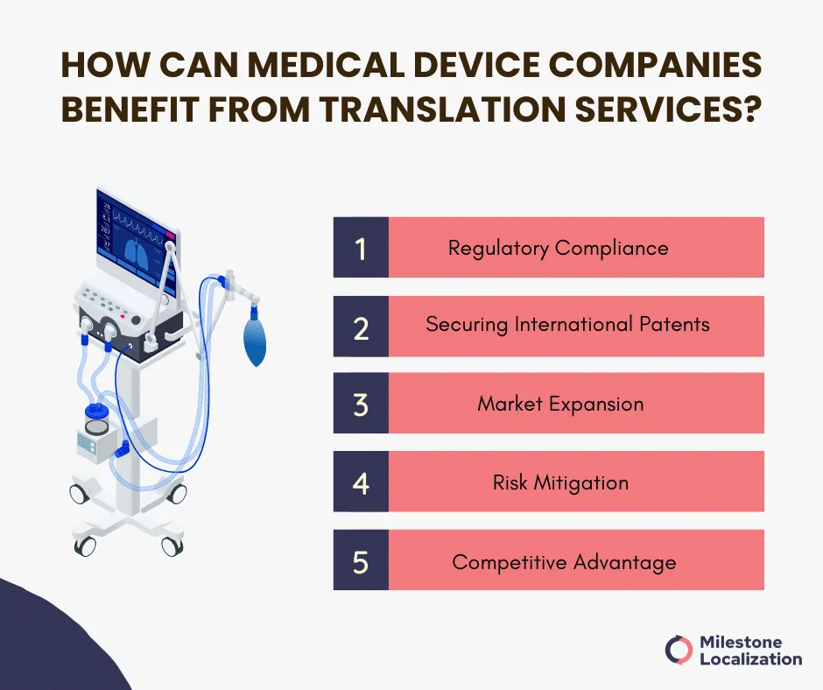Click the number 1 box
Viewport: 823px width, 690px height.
tap(361, 247)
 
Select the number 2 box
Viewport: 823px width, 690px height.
tap(361, 327)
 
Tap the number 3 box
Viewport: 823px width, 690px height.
tap(361, 404)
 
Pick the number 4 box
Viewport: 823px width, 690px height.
tap(361, 482)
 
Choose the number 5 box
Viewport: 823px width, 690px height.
tap(361, 560)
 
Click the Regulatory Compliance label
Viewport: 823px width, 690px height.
tap(559, 249)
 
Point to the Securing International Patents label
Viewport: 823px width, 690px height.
tap(568, 325)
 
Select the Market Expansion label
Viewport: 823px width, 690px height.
tap(560, 404)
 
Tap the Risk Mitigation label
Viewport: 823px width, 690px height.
tap(560, 482)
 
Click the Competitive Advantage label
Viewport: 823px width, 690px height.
tap(564, 562)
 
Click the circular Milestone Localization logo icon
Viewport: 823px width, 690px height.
tap(679, 650)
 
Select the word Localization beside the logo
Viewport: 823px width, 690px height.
tap(751, 659)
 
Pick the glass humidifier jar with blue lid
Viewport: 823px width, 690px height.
tap(97, 418)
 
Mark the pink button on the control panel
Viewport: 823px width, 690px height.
tap(123, 316)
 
